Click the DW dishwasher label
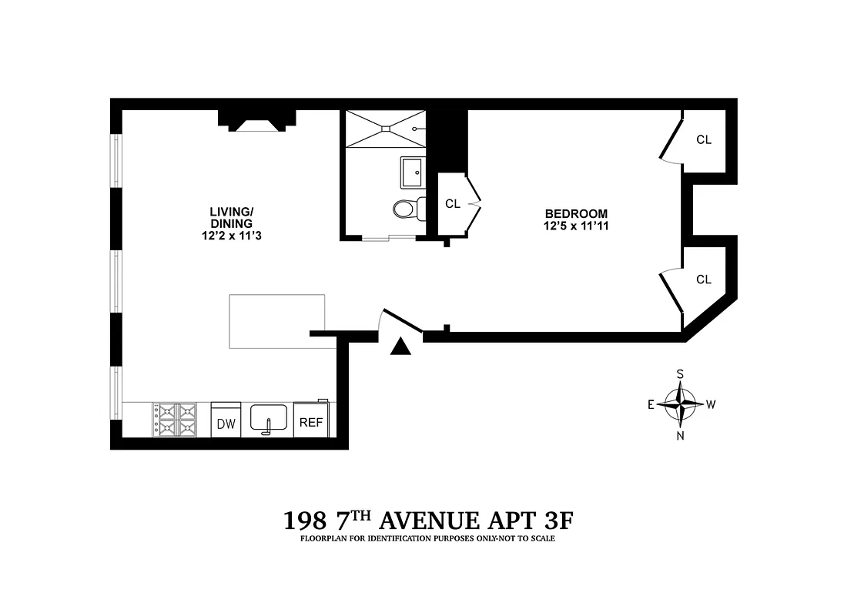point(226,423)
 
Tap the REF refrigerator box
point(311,422)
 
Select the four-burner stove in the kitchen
point(175,420)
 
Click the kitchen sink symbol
point(268,420)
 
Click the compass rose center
point(681,403)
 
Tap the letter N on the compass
point(681,435)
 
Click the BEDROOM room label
point(576,213)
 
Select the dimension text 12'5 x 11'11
point(576,226)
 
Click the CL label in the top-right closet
point(704,140)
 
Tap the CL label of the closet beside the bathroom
point(453,204)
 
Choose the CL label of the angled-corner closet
point(704,280)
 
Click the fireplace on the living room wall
point(257,121)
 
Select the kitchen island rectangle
point(277,320)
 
